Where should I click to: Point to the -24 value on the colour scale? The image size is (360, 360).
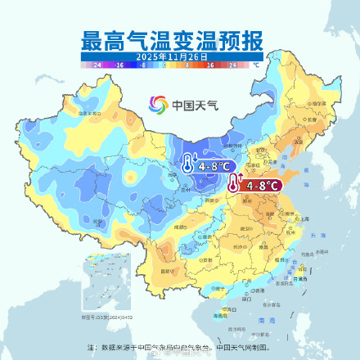(97, 64)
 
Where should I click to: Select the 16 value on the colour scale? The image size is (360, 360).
(210, 64)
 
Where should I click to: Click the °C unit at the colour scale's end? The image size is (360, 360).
(256, 64)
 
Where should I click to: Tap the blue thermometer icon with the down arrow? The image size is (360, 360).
(188, 164)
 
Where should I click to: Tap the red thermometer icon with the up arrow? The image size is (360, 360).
(235, 183)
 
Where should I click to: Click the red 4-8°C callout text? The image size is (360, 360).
(260, 186)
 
